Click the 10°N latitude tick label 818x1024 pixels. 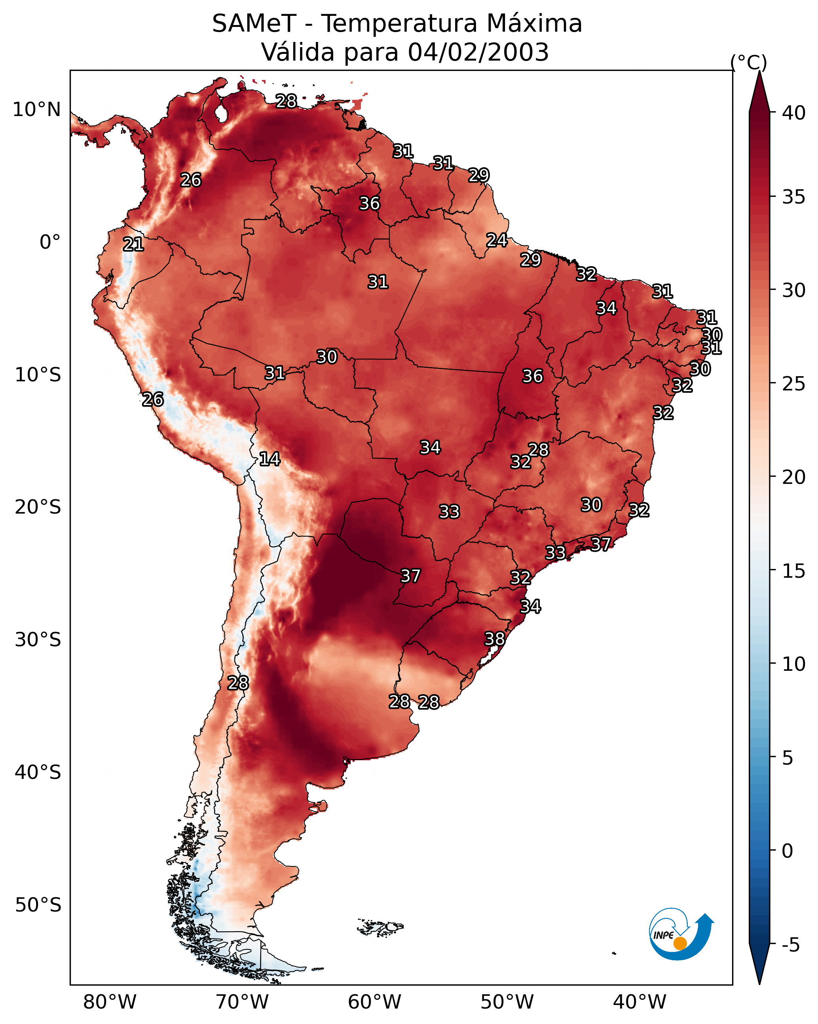(36, 110)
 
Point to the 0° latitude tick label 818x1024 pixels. (50, 242)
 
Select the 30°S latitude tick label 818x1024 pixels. (38, 640)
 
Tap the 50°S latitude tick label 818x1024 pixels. (38, 905)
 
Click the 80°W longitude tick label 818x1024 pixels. (110, 1002)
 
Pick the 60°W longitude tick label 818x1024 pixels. (375, 1002)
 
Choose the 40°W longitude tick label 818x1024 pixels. (640, 1002)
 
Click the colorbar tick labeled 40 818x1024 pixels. (794, 113)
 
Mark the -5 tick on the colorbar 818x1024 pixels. (790, 945)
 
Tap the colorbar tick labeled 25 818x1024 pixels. (794, 384)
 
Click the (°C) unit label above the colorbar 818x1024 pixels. (749, 62)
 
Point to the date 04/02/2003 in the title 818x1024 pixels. (478, 52)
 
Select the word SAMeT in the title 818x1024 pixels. (254, 24)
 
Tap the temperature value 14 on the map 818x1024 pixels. (270, 459)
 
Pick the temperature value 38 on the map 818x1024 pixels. (495, 639)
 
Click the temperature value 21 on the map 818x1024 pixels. (133, 244)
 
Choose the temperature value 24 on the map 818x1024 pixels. (497, 240)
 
